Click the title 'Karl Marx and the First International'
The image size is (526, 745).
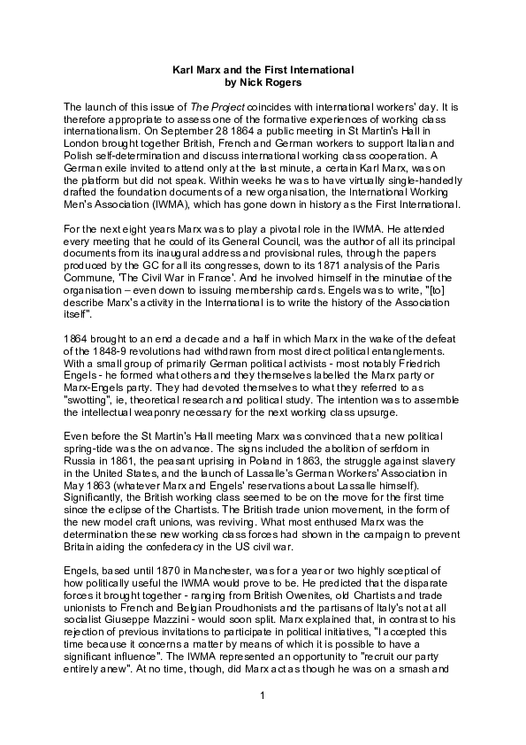263,69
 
